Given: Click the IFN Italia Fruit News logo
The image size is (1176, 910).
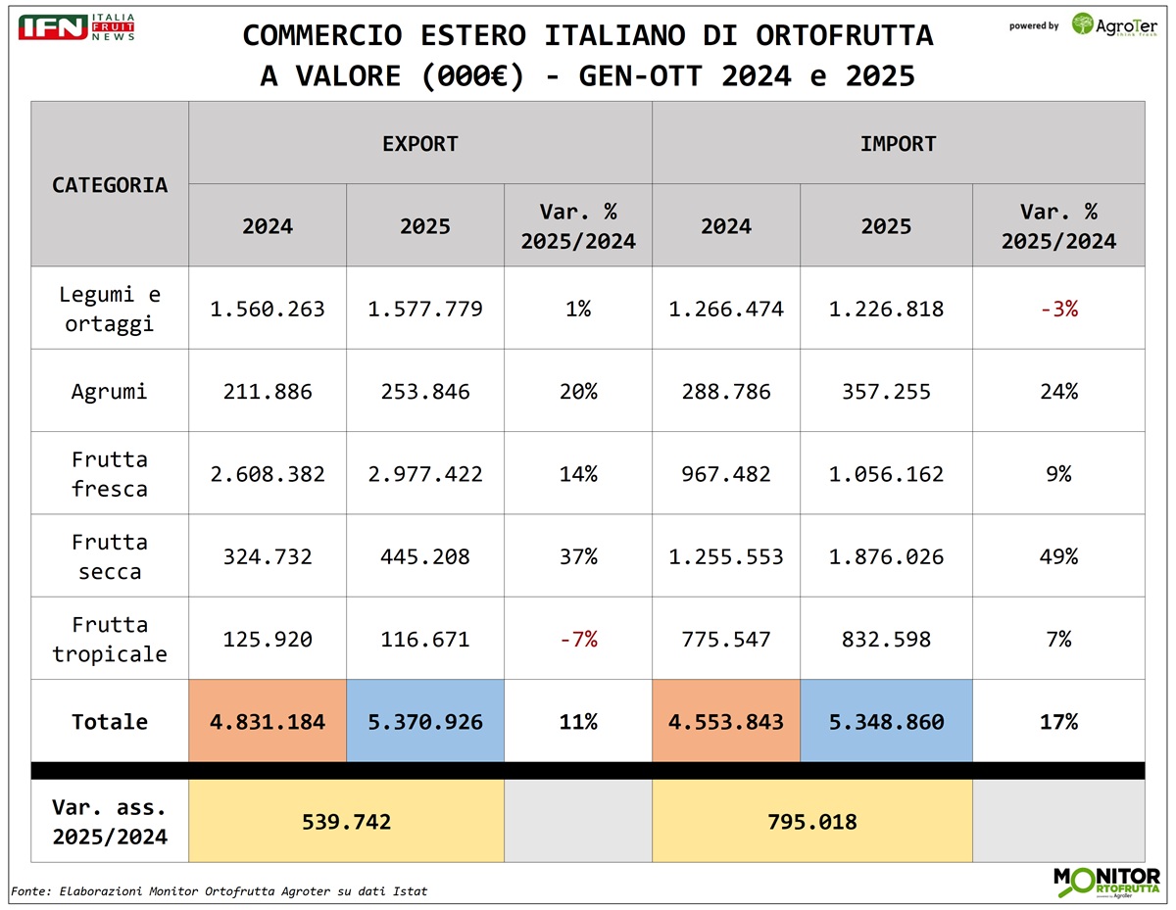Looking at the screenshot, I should coord(76,27).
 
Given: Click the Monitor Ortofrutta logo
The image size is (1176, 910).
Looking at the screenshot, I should coord(1105,881).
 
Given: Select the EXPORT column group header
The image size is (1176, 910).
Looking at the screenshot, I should coord(420,144).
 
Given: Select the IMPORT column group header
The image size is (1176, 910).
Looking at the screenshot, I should coord(898,144).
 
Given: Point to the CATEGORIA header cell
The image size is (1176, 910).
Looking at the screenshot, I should coord(110,184).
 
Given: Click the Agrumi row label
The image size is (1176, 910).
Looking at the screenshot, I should coord(110,392).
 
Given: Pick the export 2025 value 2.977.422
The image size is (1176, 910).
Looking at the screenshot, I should coord(425,474).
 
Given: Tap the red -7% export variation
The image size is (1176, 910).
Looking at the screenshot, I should coord(578,640).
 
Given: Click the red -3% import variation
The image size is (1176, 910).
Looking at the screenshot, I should coord(1058,310).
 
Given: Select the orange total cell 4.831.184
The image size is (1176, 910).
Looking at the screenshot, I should coord(268,722).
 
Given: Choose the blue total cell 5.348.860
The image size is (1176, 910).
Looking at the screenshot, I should coord(886,722).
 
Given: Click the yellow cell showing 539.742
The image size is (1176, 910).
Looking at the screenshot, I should coord(345,821).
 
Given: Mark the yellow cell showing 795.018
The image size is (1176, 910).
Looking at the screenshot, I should coord(811,821).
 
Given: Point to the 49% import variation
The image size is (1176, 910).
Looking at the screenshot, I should coord(1058,556).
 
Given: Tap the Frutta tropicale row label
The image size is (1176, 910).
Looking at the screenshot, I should coord(110,639).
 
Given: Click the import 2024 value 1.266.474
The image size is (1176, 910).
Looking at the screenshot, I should coord(726,310).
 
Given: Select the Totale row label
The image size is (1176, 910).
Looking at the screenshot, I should coord(110,722).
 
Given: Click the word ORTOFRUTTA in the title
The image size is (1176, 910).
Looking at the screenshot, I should coord(844,35).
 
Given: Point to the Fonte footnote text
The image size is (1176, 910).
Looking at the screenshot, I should coord(219,891).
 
